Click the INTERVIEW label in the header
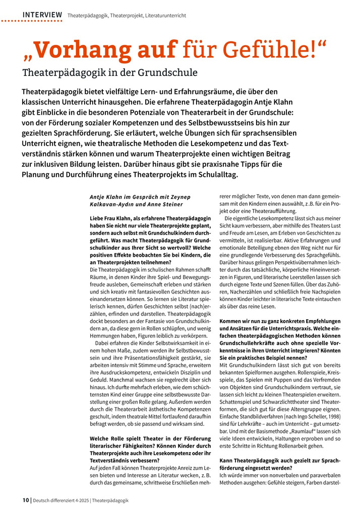(42, 16)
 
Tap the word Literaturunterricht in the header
(165, 16)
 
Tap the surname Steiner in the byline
(172, 204)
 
